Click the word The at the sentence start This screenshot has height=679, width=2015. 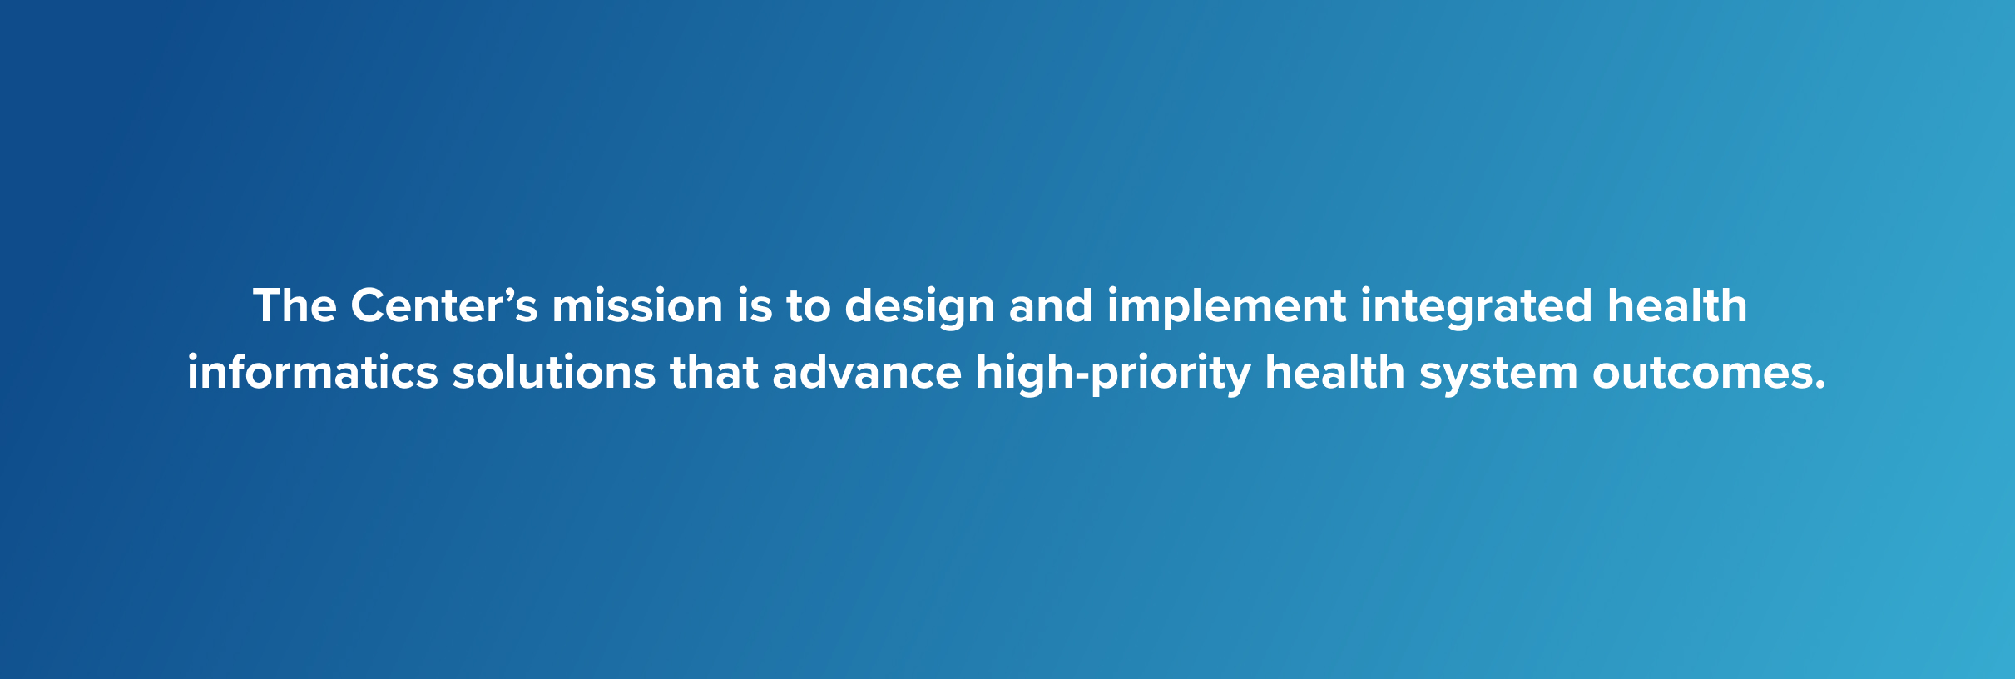[295, 306]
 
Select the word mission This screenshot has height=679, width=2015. [637, 306]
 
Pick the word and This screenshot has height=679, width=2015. [1050, 306]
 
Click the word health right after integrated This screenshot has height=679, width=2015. [1676, 306]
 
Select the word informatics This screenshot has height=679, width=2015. [312, 373]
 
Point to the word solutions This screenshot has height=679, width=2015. [553, 373]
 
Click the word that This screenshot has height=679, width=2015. [714, 373]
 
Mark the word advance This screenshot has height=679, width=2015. [866, 373]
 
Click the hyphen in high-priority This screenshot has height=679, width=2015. [1082, 377]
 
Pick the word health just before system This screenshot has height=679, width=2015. [1334, 373]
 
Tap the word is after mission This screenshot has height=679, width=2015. [755, 306]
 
